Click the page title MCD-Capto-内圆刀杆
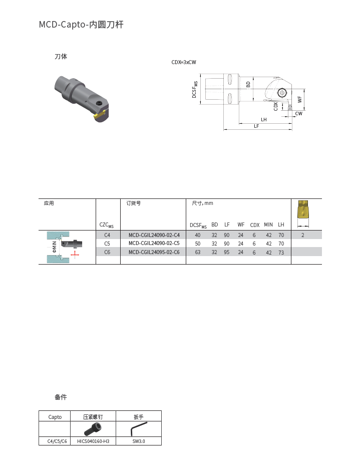81,25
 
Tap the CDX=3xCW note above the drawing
184,62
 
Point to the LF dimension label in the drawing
256,126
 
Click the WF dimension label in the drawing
300,100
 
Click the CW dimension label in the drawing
298,114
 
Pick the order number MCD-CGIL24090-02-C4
154,235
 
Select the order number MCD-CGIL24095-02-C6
154,252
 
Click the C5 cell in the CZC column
107,244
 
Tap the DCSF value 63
198,252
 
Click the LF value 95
227,252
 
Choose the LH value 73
281,252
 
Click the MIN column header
268,225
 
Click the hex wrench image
138,429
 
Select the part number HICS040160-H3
93,441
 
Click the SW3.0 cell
139,441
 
